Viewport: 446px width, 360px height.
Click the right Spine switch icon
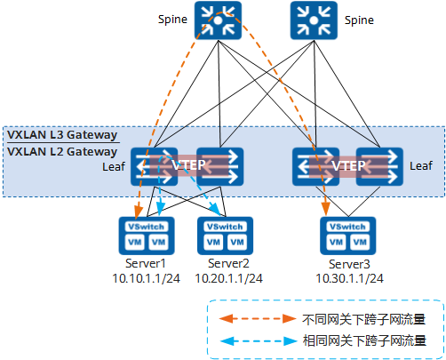click(310, 22)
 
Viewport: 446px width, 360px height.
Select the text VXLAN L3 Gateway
click(62, 136)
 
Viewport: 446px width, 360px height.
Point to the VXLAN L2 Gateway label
click(62, 152)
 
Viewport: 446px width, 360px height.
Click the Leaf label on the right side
click(420, 165)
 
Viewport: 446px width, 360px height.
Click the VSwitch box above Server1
click(143, 227)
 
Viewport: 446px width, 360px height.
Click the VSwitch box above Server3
click(347, 227)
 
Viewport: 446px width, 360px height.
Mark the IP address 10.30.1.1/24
click(349, 278)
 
